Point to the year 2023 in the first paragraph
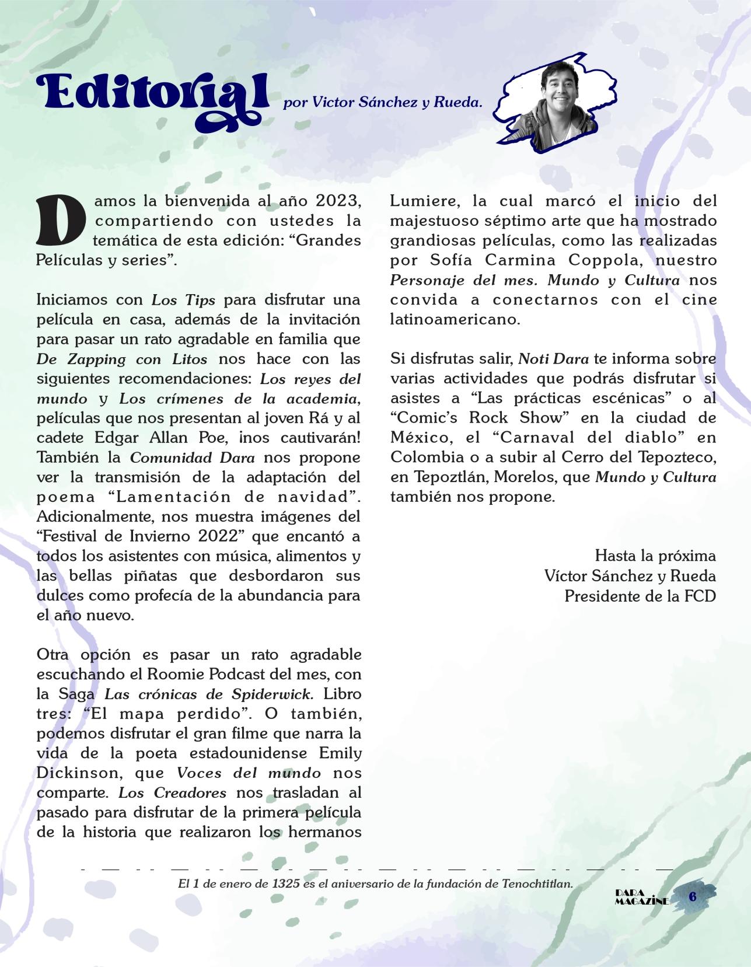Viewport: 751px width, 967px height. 338,201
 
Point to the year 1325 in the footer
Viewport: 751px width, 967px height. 286,883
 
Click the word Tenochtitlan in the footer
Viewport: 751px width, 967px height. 537,883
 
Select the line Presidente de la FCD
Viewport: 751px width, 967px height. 640,596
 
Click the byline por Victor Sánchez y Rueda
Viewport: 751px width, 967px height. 383,104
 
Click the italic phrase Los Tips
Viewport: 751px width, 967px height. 184,300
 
